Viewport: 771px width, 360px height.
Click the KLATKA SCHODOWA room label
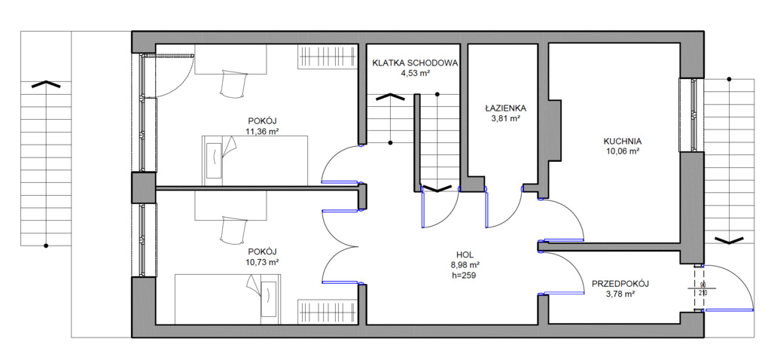(x=415, y=63)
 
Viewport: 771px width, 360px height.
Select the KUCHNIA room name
(x=621, y=141)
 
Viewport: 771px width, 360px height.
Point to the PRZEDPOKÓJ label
(x=620, y=284)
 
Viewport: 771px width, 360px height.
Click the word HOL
(x=465, y=255)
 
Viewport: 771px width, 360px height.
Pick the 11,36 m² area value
(x=261, y=131)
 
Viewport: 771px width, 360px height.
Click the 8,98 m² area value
(x=464, y=265)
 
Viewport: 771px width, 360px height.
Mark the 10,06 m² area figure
(x=621, y=151)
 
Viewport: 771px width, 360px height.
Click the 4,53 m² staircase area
(x=416, y=73)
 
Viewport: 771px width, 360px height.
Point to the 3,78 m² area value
(x=620, y=294)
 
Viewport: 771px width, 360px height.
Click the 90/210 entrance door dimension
(x=702, y=288)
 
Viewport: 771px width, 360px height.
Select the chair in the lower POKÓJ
(x=232, y=230)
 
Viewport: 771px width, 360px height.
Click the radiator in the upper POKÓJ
(x=327, y=56)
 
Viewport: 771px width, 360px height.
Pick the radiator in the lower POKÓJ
(x=327, y=312)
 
